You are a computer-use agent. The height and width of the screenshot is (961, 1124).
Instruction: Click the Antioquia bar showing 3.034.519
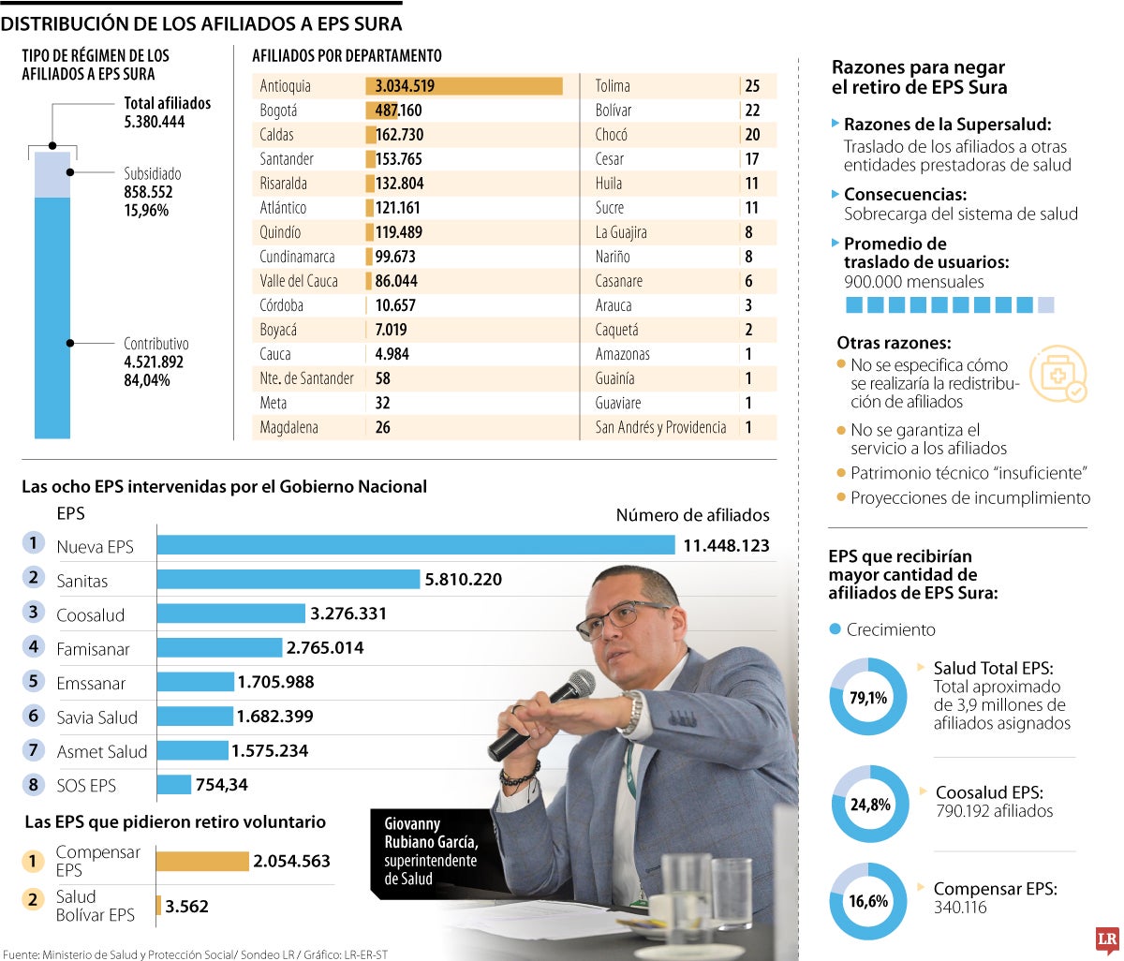click(464, 86)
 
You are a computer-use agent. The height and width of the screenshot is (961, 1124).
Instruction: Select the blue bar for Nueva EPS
click(415, 545)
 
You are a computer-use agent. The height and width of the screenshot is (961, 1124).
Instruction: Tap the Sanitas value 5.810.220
click(463, 580)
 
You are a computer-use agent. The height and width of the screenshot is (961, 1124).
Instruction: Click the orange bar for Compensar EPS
click(201, 861)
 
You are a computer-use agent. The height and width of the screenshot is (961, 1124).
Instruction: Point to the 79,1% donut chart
click(868, 698)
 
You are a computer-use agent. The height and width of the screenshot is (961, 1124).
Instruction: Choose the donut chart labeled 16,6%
click(868, 901)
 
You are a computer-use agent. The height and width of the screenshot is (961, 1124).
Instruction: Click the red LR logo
click(1107, 939)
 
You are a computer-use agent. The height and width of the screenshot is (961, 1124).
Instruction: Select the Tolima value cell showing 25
click(752, 86)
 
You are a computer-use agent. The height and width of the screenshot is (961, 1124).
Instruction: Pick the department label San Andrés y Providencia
click(660, 427)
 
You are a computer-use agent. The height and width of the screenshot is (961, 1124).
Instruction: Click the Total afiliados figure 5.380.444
click(155, 122)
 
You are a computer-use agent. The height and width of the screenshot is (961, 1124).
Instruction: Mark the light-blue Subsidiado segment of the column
click(52, 175)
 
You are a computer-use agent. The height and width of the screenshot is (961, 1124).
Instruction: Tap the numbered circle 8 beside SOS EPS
click(34, 784)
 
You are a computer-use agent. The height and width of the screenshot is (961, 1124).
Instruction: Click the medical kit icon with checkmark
click(1057, 374)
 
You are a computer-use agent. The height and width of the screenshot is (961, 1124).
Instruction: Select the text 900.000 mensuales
click(913, 281)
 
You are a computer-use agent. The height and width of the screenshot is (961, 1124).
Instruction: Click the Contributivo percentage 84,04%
click(147, 380)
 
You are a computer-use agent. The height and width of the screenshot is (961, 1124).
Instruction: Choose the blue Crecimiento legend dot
click(836, 629)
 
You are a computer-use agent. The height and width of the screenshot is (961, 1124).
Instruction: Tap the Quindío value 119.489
click(398, 232)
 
